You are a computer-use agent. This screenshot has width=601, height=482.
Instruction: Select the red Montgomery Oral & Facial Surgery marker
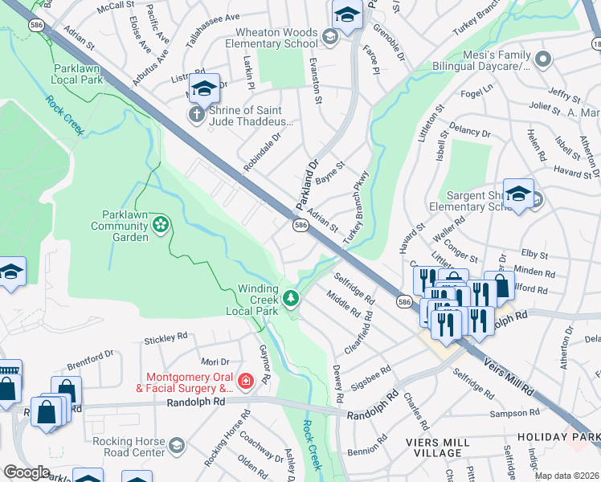coord(247,381)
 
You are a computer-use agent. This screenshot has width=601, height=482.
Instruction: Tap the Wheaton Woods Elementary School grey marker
coord(329,37)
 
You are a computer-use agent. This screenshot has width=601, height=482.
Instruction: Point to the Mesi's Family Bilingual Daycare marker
coord(544,59)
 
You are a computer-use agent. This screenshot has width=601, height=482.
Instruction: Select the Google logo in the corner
coord(27,472)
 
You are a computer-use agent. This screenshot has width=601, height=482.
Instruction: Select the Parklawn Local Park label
coord(79,75)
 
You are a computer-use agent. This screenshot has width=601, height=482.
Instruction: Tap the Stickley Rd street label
coord(166,339)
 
